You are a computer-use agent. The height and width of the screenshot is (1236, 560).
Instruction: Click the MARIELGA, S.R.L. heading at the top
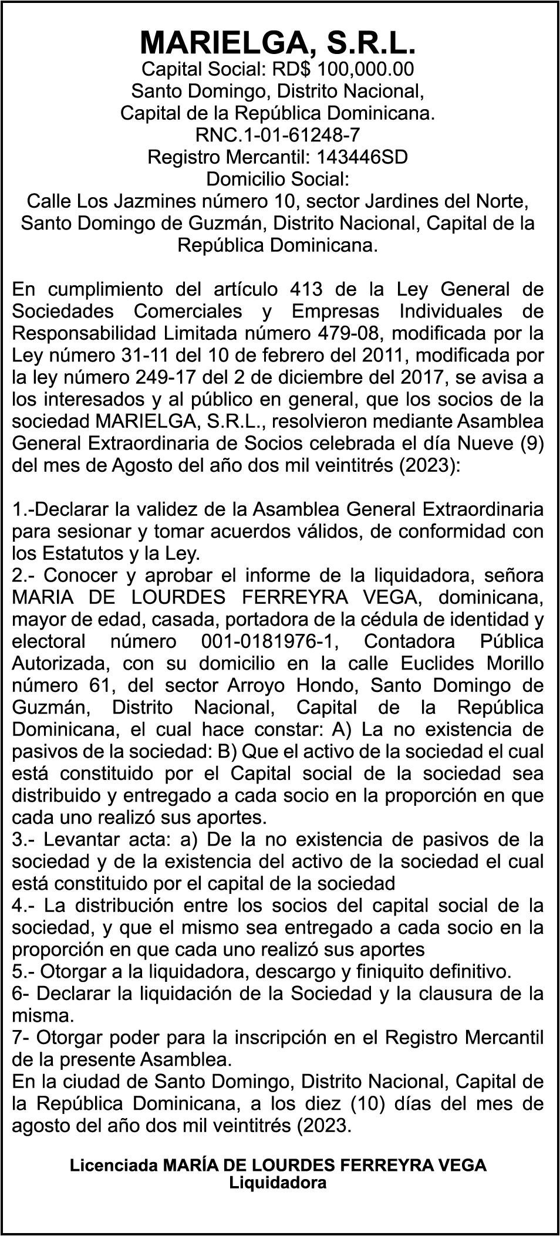(279, 42)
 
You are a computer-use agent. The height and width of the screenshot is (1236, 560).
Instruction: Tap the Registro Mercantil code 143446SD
(362, 157)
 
